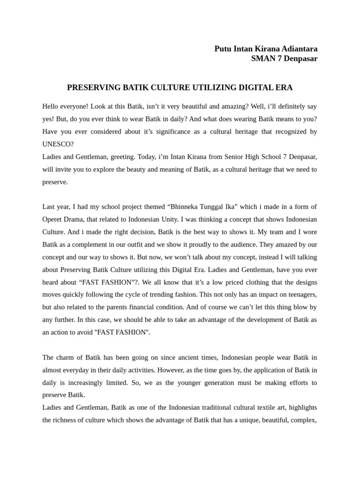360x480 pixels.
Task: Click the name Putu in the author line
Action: [x=223, y=49]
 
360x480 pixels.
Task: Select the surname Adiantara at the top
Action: [x=300, y=49]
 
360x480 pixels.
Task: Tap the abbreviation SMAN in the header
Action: [x=262, y=59]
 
